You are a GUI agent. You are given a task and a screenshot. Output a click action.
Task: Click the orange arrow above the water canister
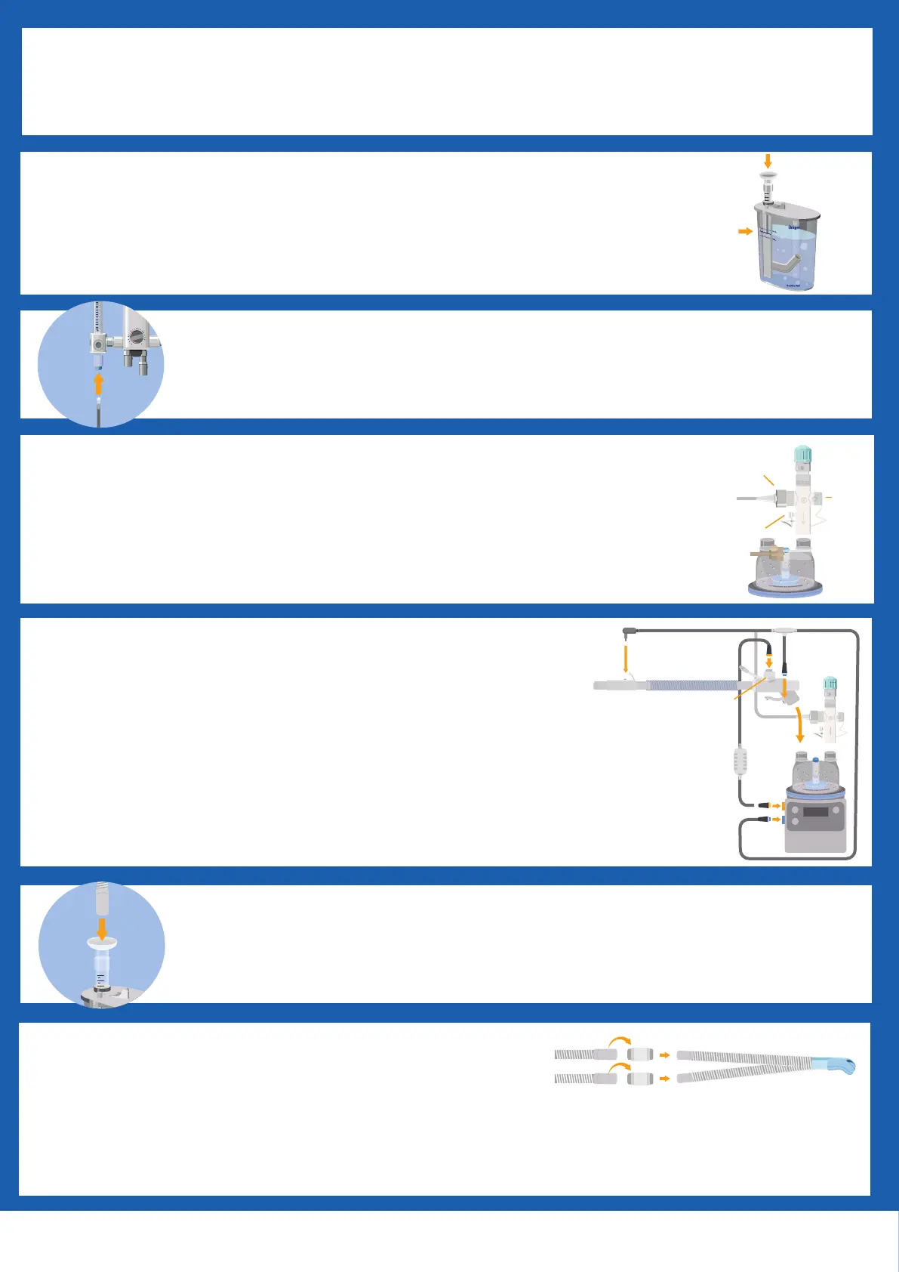click(768, 161)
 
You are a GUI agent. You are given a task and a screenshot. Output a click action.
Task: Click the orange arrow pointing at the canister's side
click(745, 231)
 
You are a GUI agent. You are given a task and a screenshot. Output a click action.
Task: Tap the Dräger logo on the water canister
click(794, 227)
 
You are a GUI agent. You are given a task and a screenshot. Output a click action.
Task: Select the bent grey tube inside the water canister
click(785, 265)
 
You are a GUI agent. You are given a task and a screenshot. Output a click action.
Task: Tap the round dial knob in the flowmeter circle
click(137, 337)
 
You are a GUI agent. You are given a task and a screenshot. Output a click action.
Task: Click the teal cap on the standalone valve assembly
click(802, 455)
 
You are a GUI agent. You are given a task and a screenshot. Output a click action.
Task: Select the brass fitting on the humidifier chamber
click(764, 555)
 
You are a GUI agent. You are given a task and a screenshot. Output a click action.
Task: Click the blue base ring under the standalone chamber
click(785, 589)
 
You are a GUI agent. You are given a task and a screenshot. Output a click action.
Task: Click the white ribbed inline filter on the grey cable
click(740, 761)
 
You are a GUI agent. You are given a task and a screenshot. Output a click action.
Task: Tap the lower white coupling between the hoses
click(640, 1079)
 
